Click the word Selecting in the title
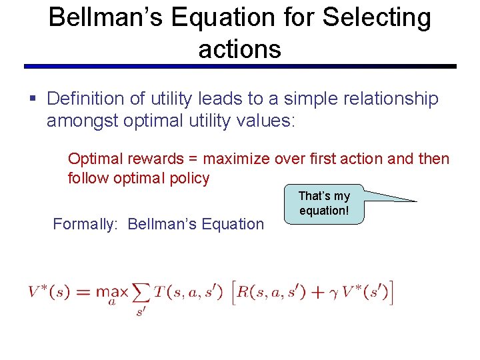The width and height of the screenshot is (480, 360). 377,18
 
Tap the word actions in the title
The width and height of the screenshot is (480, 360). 239,49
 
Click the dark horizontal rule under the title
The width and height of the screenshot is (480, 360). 240,67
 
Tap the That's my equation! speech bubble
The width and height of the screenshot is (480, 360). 324,203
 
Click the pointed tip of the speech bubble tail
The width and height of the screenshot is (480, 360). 416,201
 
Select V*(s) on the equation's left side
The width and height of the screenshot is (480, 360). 49,292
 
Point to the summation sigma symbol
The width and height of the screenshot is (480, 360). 141,292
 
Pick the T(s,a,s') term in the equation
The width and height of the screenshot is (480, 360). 188,292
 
